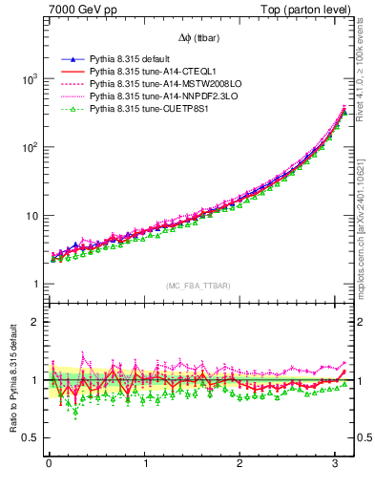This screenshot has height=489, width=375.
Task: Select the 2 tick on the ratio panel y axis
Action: pos(35,322)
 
